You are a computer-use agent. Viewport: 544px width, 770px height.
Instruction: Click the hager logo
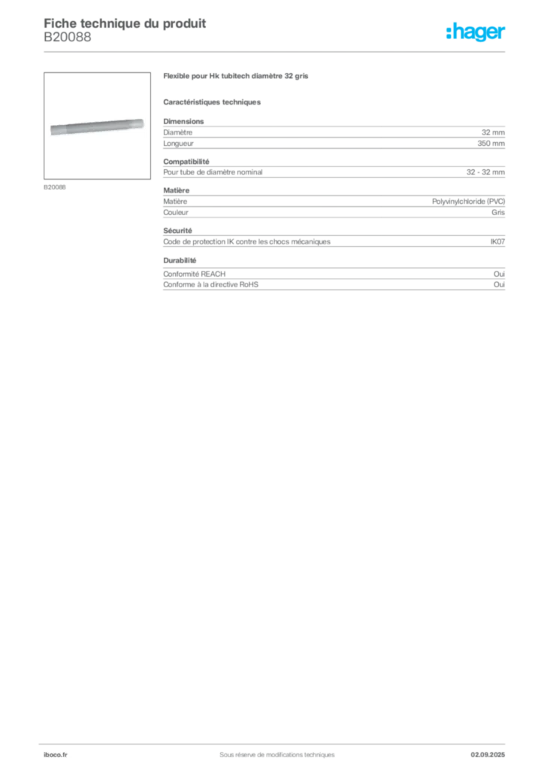click(476, 32)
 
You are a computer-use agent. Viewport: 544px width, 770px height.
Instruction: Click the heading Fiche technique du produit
click(125, 23)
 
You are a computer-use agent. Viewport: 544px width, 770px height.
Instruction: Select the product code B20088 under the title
click(67, 37)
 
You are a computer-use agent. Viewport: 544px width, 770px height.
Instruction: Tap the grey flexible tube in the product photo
click(97, 126)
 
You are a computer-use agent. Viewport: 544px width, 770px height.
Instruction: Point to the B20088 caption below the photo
click(54, 187)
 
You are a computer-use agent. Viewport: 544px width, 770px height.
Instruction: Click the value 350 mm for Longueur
click(491, 144)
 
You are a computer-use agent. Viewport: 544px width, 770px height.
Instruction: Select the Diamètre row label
click(177, 132)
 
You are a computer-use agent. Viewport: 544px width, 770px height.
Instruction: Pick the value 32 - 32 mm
click(485, 172)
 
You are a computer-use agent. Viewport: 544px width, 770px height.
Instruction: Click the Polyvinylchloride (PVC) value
click(468, 202)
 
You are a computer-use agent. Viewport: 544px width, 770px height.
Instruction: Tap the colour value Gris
click(498, 213)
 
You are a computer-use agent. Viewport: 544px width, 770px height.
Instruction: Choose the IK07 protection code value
click(497, 241)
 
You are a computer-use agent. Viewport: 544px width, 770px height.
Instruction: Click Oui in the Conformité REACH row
click(499, 274)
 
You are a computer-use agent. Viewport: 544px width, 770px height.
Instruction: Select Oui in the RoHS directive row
click(499, 285)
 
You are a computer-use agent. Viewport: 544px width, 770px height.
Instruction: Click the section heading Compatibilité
click(186, 162)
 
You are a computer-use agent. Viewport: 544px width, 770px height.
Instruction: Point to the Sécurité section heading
click(177, 231)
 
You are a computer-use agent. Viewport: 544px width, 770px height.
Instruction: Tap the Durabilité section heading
click(180, 260)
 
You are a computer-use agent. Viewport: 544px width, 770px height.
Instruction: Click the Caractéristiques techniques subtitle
click(212, 102)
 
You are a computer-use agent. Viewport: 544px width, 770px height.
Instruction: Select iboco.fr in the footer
click(56, 755)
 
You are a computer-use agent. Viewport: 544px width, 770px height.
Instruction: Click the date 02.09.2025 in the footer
click(488, 755)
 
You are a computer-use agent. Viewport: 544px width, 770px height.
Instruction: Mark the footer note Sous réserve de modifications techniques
click(277, 755)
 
